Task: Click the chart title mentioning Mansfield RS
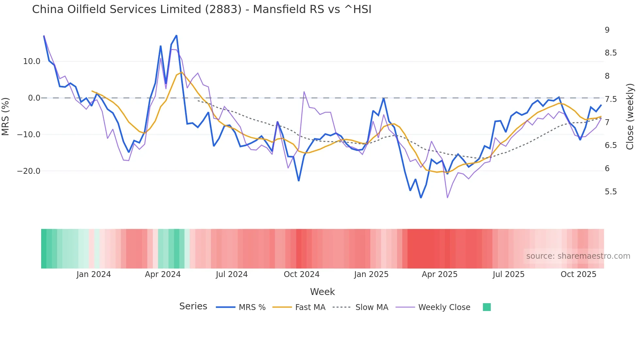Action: (201, 9)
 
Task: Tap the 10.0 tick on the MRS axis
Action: (32, 61)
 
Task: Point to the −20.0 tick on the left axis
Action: (29, 171)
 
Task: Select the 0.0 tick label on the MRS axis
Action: (34, 98)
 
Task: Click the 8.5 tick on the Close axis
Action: (611, 53)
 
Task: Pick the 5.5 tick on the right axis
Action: (611, 192)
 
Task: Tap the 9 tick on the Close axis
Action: (607, 30)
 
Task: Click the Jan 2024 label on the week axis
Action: (94, 274)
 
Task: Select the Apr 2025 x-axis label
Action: (440, 274)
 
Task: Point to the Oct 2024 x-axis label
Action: (301, 274)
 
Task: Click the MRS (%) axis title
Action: (6, 116)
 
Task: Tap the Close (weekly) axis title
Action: (630, 117)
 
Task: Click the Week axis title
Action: (322, 292)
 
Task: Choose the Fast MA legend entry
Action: (310, 307)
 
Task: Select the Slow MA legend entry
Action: (372, 307)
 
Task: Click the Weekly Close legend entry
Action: (444, 307)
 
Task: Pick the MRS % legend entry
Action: (252, 307)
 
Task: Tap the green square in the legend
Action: (487, 307)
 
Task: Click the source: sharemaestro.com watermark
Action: (578, 256)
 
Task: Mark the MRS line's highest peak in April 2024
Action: (176, 35)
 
